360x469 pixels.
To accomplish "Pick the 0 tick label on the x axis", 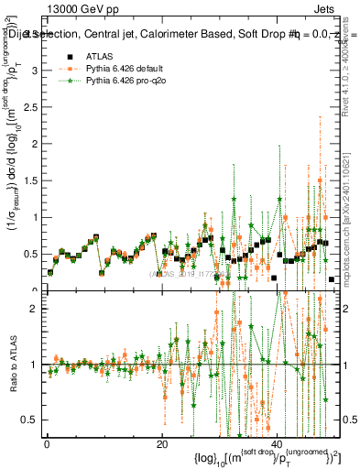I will pyautogui.click(x=47, y=444).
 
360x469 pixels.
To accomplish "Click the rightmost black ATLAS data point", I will pyautogui.click(x=331, y=279).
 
